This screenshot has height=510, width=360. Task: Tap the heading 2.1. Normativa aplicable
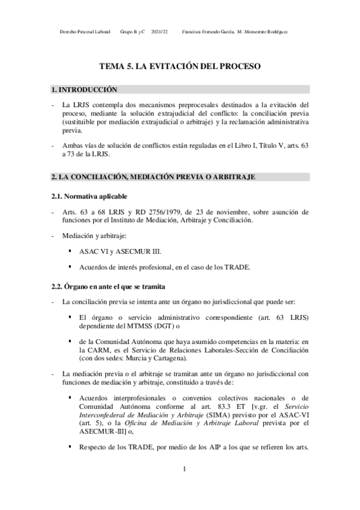[89, 196]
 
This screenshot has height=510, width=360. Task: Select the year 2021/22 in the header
[160, 31]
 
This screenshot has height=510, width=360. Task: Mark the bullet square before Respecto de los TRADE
[70, 447]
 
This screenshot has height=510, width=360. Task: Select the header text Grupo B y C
[133, 31]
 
